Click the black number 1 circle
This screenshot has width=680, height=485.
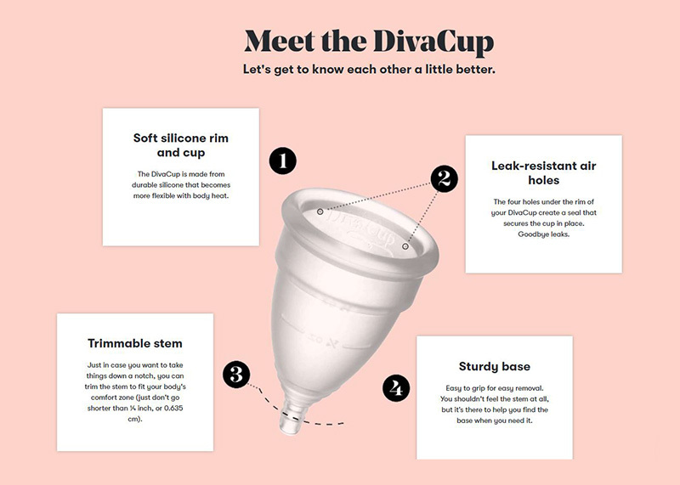[283, 161]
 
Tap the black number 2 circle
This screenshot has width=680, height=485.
[444, 178]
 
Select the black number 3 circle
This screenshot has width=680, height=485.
[236, 374]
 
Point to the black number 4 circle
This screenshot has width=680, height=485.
[396, 388]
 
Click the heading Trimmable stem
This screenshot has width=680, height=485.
[135, 344]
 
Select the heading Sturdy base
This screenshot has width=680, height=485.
[495, 367]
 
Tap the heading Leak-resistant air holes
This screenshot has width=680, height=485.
[544, 173]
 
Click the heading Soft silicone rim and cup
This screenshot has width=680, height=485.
[181, 145]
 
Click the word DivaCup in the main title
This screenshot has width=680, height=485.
[433, 42]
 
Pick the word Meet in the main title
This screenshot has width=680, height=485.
[280, 42]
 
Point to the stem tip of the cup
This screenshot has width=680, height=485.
[289, 429]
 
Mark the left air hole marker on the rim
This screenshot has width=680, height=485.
[320, 211]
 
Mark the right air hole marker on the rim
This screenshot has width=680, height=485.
[405, 246]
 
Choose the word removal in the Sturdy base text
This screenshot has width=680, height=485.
[530, 388]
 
